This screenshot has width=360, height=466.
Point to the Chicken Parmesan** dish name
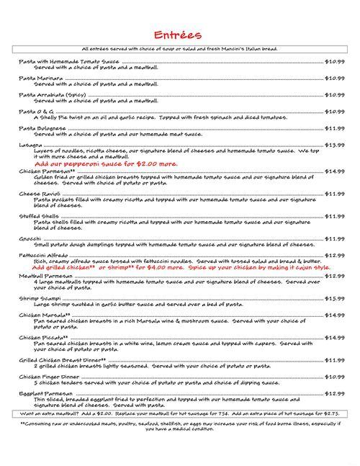42,171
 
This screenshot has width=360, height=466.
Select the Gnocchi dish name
30,238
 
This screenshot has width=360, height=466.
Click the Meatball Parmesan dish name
42,275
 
